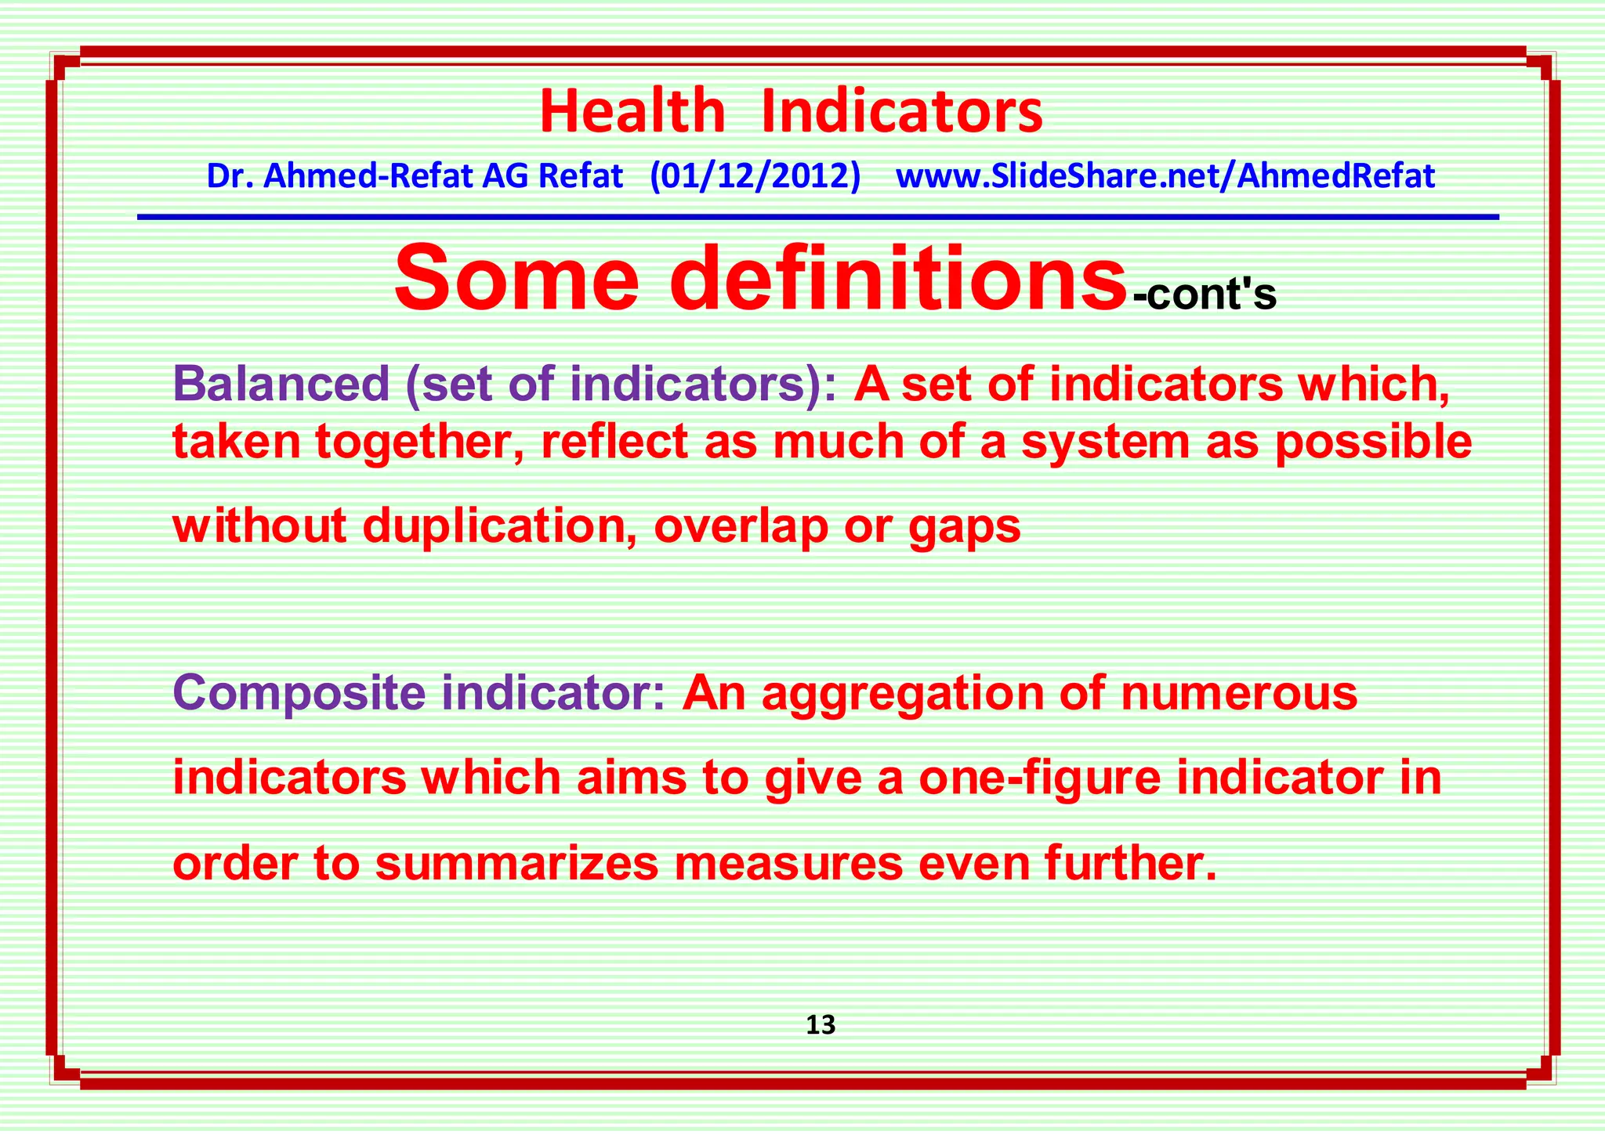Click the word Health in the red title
632,112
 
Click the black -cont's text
1205,295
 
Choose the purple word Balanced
281,384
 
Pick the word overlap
741,525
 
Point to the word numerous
1239,694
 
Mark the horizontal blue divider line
817,217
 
